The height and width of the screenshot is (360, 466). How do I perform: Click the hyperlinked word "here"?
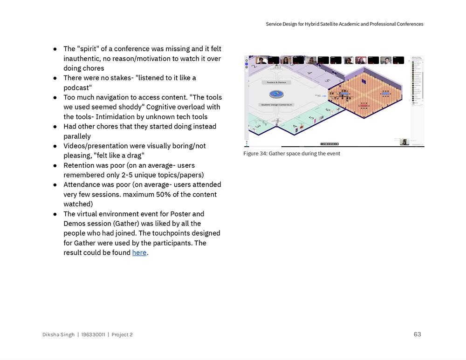click(139, 253)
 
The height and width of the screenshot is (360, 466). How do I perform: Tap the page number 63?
click(417, 334)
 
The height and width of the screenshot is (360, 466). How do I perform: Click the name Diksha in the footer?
click(52, 335)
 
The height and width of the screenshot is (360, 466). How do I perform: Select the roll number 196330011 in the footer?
click(93, 335)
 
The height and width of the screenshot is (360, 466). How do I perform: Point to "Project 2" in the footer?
click(122, 335)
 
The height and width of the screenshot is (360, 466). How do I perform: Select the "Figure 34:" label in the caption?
click(255, 154)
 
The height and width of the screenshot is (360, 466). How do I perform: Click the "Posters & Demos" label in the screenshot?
click(276, 82)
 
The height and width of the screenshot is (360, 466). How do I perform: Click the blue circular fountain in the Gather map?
click(277, 94)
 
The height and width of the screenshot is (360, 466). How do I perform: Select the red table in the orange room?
click(363, 106)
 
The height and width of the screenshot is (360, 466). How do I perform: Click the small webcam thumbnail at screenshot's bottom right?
click(404, 142)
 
